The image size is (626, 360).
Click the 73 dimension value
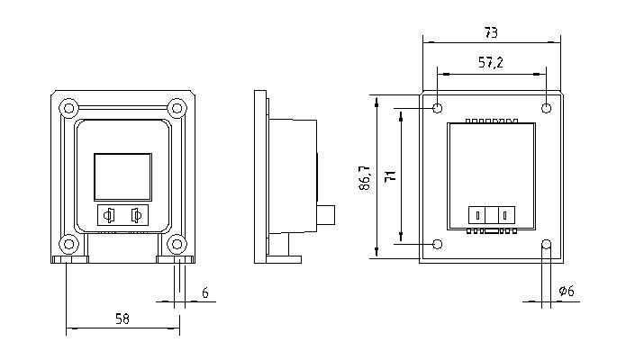[491, 32]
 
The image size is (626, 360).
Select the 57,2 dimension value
[491, 63]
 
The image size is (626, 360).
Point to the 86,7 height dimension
[365, 178]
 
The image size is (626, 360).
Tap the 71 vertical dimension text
[390, 176]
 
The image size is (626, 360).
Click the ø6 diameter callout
[567, 291]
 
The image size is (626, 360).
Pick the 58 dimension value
[122, 319]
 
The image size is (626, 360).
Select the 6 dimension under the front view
[204, 293]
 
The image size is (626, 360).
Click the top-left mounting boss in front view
[68, 108]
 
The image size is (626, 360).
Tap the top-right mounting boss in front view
[177, 108]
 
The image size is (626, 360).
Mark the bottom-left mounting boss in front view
[68, 244]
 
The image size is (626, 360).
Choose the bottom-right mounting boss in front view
[177, 244]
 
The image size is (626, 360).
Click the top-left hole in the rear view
[438, 108]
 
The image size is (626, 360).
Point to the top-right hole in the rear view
[546, 108]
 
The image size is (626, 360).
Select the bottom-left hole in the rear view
[438, 244]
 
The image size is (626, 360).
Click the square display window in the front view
[123, 176]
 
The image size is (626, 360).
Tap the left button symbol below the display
[109, 215]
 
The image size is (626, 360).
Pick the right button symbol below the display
[137, 215]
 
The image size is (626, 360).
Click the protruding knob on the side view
[326, 215]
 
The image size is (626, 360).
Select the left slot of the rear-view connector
[478, 215]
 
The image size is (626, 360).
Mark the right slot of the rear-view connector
[505, 215]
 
